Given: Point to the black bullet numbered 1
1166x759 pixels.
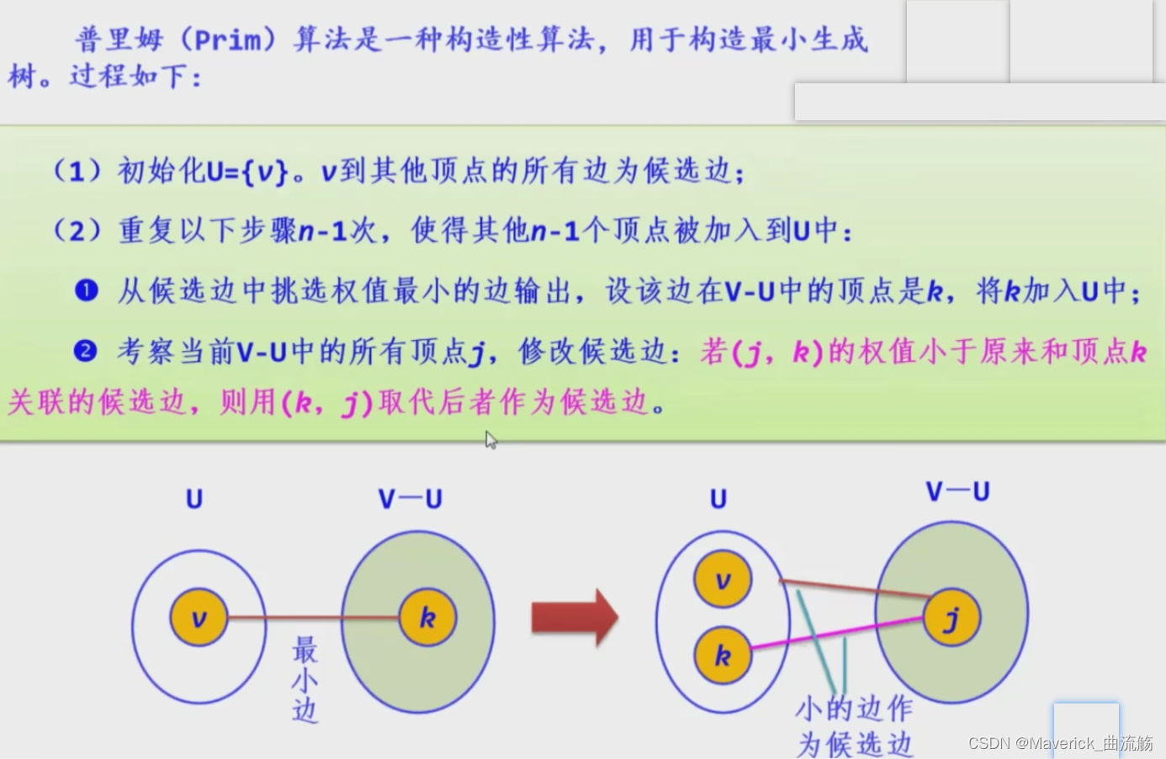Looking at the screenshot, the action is tap(87, 291).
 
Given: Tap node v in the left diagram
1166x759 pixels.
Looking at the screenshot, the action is tap(199, 618).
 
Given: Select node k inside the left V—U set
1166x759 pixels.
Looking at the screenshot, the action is tap(427, 618).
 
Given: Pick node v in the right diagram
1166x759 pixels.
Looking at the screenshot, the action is tap(722, 581).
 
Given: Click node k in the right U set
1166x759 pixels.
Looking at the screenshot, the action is tap(722, 655).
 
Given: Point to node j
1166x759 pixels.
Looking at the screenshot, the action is tap(951, 618).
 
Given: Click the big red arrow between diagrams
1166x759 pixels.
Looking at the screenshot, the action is tap(575, 618).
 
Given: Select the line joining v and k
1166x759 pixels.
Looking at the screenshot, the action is tap(313, 618).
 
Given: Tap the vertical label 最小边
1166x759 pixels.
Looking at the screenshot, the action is tap(305, 680).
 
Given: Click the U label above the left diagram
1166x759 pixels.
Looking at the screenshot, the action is tap(194, 499).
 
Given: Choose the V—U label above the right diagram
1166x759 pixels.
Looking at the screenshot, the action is tap(957, 491).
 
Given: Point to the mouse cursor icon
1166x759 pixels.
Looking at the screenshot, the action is tap(491, 440).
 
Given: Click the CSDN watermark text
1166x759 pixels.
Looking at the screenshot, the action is tap(1060, 743).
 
